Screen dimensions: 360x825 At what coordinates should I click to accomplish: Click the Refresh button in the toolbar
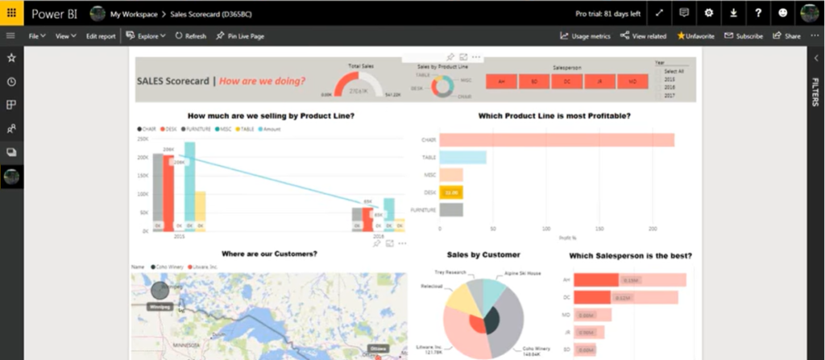click(x=190, y=36)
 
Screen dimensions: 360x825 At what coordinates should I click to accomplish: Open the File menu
click(x=36, y=36)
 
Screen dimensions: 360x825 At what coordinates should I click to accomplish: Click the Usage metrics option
click(x=585, y=36)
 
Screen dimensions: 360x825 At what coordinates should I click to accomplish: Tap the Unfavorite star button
click(x=695, y=36)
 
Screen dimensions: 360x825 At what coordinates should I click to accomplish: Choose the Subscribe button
click(x=744, y=36)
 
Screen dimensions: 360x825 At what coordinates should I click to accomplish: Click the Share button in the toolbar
click(x=787, y=36)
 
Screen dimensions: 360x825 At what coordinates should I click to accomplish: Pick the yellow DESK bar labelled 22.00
click(x=451, y=192)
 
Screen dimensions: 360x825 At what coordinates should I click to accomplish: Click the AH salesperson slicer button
click(x=502, y=81)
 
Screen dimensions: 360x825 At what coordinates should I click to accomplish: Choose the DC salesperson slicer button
click(x=567, y=81)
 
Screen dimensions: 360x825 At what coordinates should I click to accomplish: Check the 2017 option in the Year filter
click(x=670, y=96)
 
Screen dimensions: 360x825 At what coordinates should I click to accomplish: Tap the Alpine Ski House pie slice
click(x=493, y=290)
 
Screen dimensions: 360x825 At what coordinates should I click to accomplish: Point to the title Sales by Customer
click(x=483, y=255)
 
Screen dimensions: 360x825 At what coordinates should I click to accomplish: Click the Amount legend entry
click(x=272, y=129)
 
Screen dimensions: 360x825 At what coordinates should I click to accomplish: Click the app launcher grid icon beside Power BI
click(x=11, y=13)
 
